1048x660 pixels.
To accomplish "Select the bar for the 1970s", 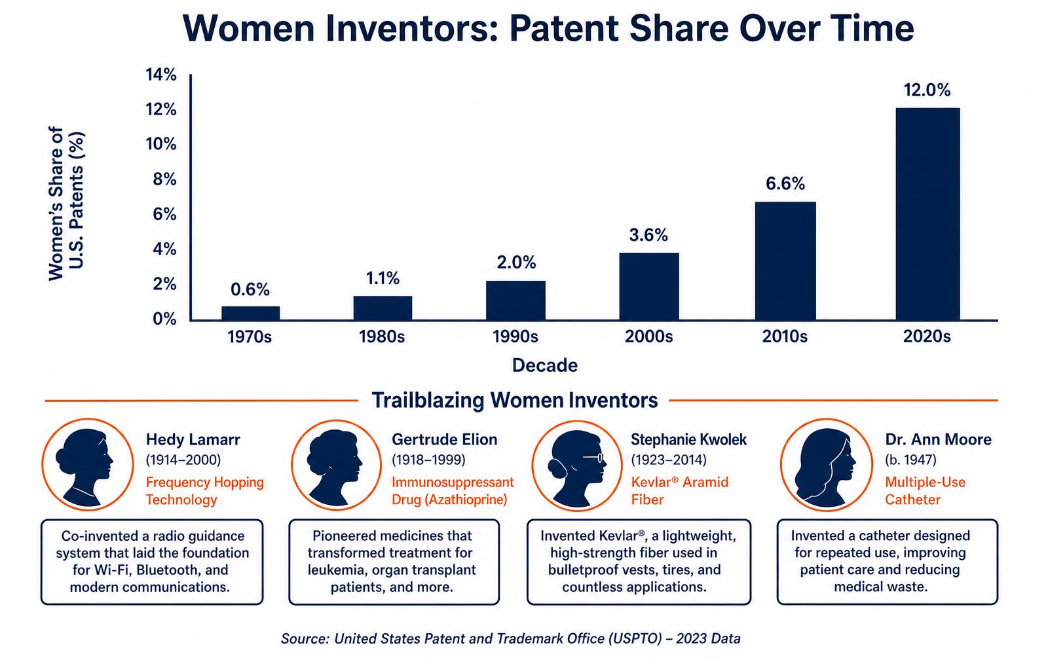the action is point(250,313).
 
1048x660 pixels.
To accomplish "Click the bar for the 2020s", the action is point(927,213).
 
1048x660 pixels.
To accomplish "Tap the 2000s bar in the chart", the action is point(649,286).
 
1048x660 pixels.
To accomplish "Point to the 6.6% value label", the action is point(785,183).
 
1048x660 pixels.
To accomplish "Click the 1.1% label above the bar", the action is point(383,278).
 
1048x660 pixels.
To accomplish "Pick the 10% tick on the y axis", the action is point(161,144).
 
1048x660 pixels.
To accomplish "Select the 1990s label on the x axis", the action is point(515,337).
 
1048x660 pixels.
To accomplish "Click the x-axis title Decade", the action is point(544,365).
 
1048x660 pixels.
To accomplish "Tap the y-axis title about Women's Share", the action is point(66,204).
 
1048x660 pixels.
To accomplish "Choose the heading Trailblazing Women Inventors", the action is point(515,401).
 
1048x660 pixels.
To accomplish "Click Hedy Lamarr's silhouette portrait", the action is point(88,464).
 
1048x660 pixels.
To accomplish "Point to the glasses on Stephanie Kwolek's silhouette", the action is point(593,458).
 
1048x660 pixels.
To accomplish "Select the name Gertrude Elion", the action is point(445,439).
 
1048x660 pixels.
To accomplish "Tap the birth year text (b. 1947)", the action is point(910,460).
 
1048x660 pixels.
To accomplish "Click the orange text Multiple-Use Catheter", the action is point(925,490).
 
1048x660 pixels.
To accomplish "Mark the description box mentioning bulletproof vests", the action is point(639,562).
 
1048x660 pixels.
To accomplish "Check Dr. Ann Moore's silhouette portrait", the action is point(826,464).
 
